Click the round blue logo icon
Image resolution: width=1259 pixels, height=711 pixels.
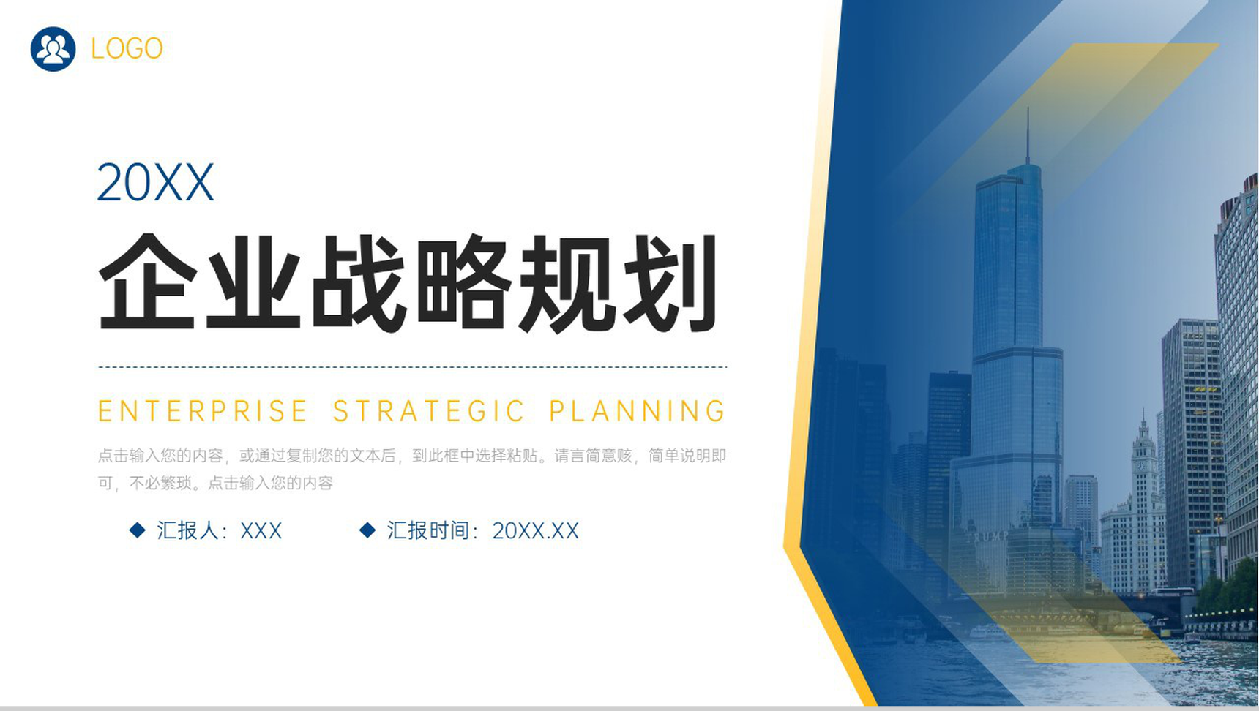click(x=53, y=49)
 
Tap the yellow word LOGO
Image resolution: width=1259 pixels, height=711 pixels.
click(x=127, y=49)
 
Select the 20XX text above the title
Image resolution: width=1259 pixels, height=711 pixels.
click(x=155, y=182)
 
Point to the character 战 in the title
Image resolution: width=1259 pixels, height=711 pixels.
click(x=359, y=282)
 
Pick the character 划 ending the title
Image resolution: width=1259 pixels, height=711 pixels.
click(x=670, y=282)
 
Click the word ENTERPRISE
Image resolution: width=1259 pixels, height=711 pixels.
click(x=203, y=411)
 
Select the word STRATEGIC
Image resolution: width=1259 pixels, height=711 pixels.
click(x=429, y=411)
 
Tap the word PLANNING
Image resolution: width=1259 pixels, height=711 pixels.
click(x=638, y=411)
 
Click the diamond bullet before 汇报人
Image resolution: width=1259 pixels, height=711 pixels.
click(x=137, y=530)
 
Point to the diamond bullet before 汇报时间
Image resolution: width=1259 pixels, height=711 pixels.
click(x=367, y=530)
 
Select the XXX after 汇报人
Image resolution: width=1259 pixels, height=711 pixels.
click(x=261, y=530)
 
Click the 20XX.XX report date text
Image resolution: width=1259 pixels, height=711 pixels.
click(x=536, y=530)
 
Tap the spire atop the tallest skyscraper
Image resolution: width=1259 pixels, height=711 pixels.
click(x=1028, y=136)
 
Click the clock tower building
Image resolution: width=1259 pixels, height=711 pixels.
click(x=1141, y=505)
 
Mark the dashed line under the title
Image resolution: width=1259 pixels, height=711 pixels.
click(x=412, y=367)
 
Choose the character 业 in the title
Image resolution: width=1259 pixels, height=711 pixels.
click(x=253, y=282)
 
